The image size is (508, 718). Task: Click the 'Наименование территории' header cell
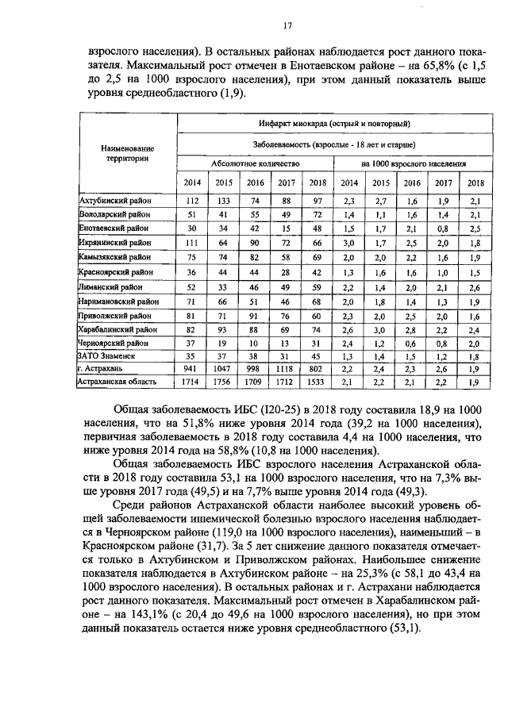[x=127, y=153]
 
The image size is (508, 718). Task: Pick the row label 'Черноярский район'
[x=114, y=343]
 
